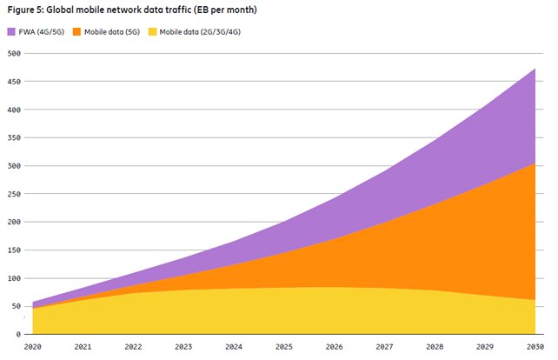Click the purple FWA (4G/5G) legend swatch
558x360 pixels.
point(11,31)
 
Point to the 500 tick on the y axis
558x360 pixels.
point(14,54)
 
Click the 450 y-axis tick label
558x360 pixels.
point(14,82)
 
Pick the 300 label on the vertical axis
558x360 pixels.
point(14,166)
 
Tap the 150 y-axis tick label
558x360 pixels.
point(14,250)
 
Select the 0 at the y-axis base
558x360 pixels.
point(18,334)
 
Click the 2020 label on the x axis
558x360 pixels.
point(33,347)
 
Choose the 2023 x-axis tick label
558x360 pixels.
point(183,347)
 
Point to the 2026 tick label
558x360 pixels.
point(334,347)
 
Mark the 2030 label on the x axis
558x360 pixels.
point(535,347)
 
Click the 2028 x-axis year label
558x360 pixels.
point(434,347)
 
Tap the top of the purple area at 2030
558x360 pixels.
point(535,69)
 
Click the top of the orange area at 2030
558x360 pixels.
point(535,163)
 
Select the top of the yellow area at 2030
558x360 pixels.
point(535,300)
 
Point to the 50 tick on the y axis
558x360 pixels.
point(17,306)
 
